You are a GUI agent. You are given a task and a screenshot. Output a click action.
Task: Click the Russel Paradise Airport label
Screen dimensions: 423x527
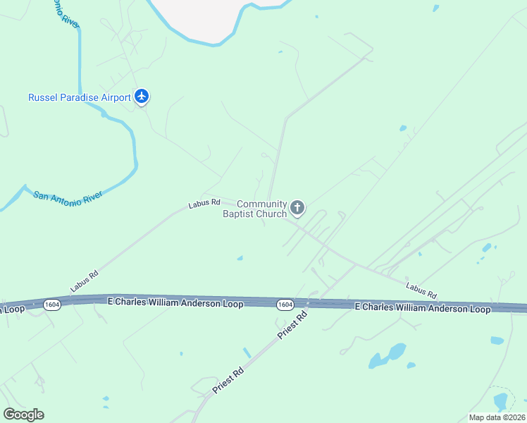79,97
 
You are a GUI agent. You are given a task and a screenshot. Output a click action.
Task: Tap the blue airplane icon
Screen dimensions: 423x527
142,97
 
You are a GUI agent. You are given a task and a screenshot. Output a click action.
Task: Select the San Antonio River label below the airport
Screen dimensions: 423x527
68,195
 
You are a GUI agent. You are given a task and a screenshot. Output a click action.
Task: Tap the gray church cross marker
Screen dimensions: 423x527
297,207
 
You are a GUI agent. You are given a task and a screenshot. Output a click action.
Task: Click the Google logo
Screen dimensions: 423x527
23,414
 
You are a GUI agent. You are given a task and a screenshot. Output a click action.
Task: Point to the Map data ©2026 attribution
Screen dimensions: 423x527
497,417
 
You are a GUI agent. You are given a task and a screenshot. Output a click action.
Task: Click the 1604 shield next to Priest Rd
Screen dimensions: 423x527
285,305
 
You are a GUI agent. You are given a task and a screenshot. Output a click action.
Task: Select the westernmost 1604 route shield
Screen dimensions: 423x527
51,305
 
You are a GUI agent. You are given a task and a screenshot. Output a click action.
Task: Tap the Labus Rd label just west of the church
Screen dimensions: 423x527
204,203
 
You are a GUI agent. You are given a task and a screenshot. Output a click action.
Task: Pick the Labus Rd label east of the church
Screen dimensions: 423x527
421,289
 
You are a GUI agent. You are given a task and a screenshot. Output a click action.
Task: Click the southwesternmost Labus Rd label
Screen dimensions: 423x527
84,282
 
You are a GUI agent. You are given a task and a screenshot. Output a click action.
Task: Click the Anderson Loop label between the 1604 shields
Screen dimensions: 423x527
175,302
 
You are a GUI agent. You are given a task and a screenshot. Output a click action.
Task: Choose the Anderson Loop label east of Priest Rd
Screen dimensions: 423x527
422,308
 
